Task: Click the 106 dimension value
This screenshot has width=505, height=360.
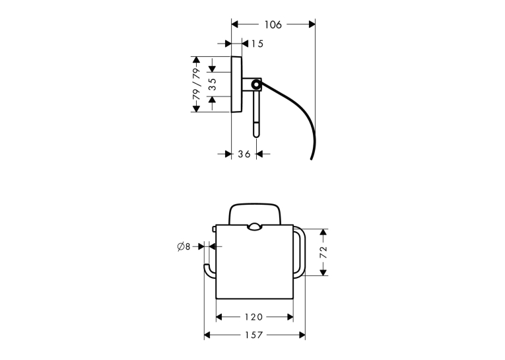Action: [x=273, y=24]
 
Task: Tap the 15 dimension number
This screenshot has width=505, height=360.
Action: [x=257, y=44]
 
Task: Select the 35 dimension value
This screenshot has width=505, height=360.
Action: [x=213, y=84]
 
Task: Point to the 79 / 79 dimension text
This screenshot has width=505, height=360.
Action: [x=196, y=84]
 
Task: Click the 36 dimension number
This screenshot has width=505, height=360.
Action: [x=244, y=154]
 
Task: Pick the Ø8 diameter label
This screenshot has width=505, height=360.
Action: [x=184, y=246]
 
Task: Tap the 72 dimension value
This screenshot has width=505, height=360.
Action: [x=323, y=252]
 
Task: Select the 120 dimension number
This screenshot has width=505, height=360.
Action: [x=253, y=317]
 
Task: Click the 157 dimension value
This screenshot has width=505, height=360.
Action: [x=253, y=335]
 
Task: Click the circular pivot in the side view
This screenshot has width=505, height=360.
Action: [x=256, y=85]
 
